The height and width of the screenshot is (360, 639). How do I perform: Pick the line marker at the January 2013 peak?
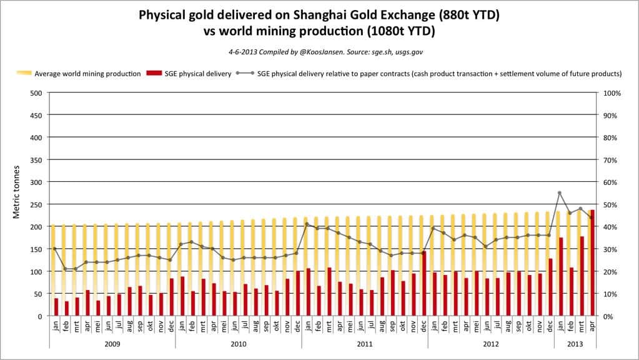pos(560,193)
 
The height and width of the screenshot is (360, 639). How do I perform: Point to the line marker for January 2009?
pos(55,249)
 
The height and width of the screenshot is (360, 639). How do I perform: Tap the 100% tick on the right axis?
pos(613,93)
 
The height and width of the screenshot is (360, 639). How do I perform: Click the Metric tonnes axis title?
pos(17,191)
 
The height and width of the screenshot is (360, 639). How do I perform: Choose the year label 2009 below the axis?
pos(112,344)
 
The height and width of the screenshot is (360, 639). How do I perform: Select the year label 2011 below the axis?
pos(365,344)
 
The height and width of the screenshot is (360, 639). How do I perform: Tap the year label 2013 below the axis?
pos(575,344)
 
